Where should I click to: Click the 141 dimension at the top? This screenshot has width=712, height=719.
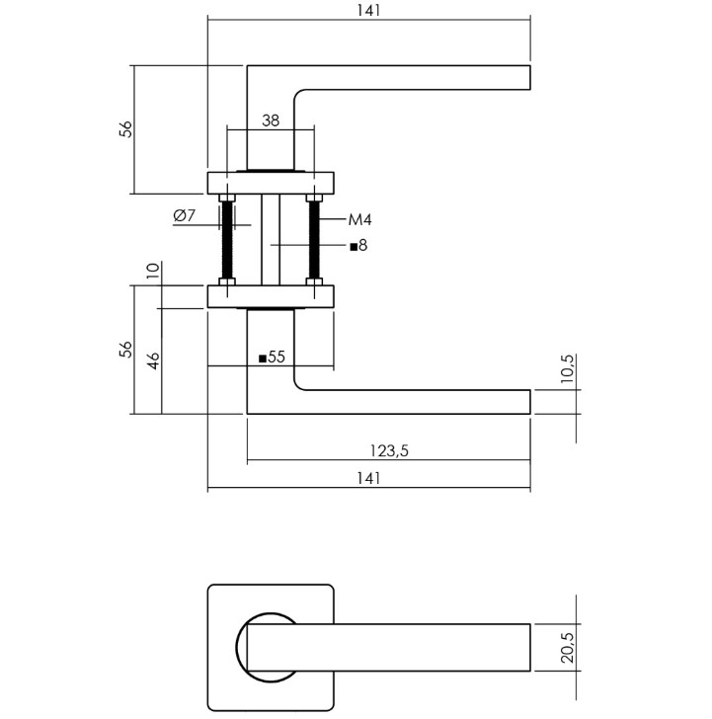[x=368, y=10]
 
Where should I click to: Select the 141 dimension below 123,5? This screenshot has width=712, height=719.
[x=368, y=478]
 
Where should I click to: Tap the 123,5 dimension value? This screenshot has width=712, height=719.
[x=389, y=450]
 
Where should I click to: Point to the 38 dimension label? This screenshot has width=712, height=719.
[x=271, y=120]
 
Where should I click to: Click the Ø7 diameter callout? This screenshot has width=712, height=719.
[x=185, y=215]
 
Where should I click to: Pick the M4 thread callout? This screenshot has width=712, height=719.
[x=359, y=220]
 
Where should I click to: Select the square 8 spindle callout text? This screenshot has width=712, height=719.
[x=358, y=246]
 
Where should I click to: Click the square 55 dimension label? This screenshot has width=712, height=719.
[x=272, y=357]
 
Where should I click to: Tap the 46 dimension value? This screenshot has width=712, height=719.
[x=154, y=360]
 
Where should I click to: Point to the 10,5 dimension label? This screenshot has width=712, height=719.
[x=567, y=368]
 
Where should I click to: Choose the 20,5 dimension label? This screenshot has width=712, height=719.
[x=567, y=648]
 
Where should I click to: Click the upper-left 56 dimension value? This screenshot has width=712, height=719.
[x=125, y=128]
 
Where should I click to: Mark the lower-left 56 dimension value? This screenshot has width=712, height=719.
[x=125, y=350]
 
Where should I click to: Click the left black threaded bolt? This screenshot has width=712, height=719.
[x=227, y=240]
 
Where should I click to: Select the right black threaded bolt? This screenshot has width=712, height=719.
[x=314, y=240]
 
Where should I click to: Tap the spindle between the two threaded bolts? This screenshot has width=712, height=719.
[x=271, y=239]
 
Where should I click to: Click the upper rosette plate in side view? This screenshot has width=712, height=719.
[x=271, y=183]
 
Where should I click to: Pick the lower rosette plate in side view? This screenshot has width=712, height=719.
[x=271, y=296]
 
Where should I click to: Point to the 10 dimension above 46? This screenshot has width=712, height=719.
[x=153, y=271]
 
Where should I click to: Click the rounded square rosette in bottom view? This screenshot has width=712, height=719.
[x=207, y=648]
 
